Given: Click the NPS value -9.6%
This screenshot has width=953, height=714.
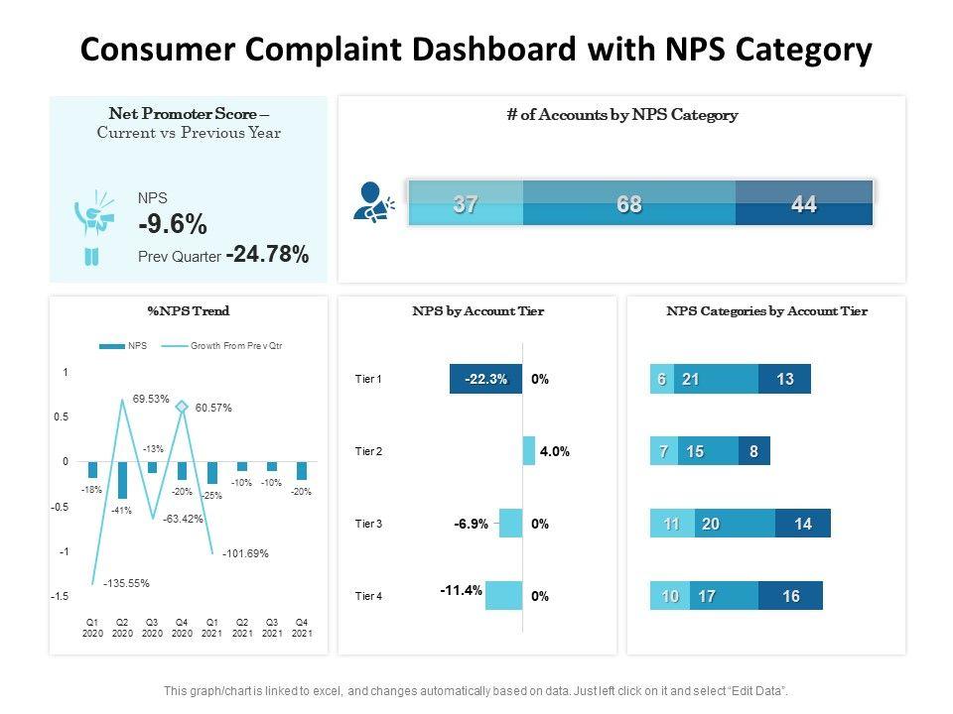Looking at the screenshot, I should click(x=173, y=223).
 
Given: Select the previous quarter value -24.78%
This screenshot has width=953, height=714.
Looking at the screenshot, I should click(x=267, y=255).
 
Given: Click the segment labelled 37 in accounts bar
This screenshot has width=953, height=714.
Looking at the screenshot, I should click(x=466, y=205).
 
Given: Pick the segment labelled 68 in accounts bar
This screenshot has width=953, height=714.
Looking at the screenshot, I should click(x=628, y=205).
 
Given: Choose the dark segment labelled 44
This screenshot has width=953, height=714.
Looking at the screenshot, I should click(x=804, y=205).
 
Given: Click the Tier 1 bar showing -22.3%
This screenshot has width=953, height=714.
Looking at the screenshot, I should click(x=485, y=379).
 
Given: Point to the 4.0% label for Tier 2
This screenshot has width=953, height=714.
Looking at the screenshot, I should click(x=554, y=451).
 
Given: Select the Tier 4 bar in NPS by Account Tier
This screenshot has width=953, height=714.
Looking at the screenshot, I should click(x=503, y=595).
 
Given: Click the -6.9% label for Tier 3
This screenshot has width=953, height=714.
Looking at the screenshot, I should click(x=472, y=524).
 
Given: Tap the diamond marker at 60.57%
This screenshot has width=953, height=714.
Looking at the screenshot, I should click(x=182, y=407).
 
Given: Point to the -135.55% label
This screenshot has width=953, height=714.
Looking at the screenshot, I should click(x=126, y=583).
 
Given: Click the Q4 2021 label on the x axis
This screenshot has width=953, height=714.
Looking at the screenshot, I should click(x=302, y=628).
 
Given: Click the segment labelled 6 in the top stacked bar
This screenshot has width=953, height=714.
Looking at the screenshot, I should click(x=661, y=379).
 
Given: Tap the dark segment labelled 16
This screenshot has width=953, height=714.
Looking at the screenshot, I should click(x=790, y=596).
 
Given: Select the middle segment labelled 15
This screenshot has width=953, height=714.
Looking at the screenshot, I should click(x=695, y=451).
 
